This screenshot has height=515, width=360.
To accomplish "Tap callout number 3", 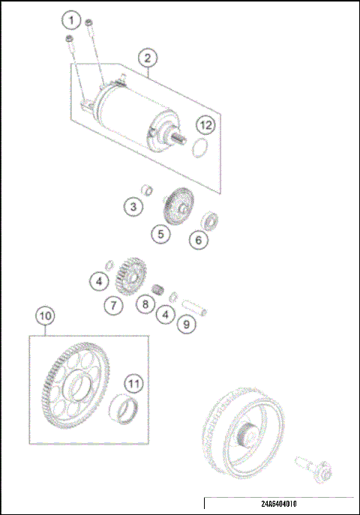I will [x=133, y=206].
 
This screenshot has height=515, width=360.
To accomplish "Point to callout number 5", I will [x=159, y=235].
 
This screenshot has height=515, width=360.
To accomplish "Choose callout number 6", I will [x=198, y=241].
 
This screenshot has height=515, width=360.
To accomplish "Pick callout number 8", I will [x=145, y=305].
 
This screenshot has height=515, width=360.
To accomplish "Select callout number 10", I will [x=45, y=316].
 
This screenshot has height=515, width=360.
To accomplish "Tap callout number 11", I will [x=132, y=383].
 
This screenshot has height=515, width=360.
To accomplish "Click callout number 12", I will [x=206, y=125].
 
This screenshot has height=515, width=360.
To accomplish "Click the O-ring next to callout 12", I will [x=198, y=148].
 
